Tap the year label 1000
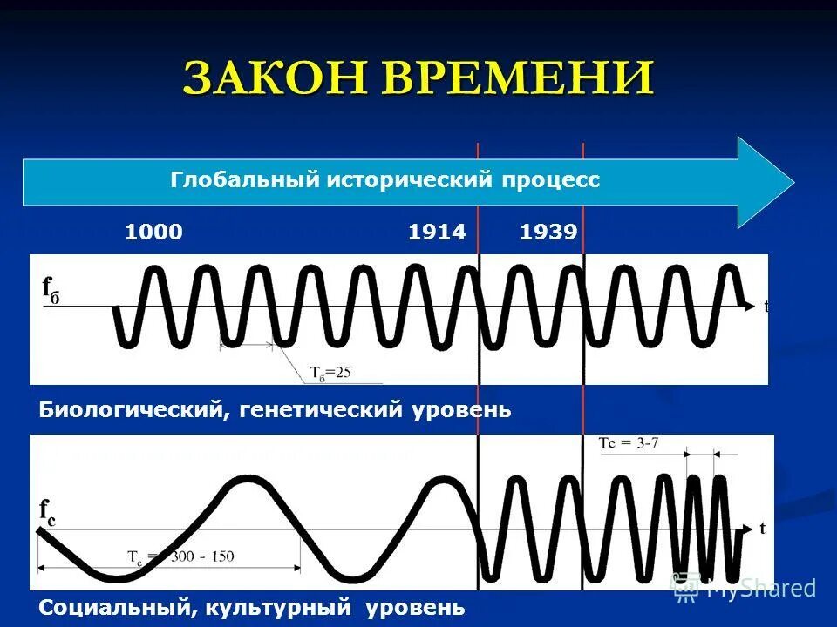click(x=154, y=233)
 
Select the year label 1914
click(x=437, y=233)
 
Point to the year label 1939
click(x=548, y=233)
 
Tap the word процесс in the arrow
click(x=551, y=180)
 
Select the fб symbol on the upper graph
click(x=51, y=288)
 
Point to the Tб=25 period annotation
click(x=330, y=372)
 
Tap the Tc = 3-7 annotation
click(x=629, y=442)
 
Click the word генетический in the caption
click(x=317, y=409)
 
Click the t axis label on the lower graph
click(x=762, y=528)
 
